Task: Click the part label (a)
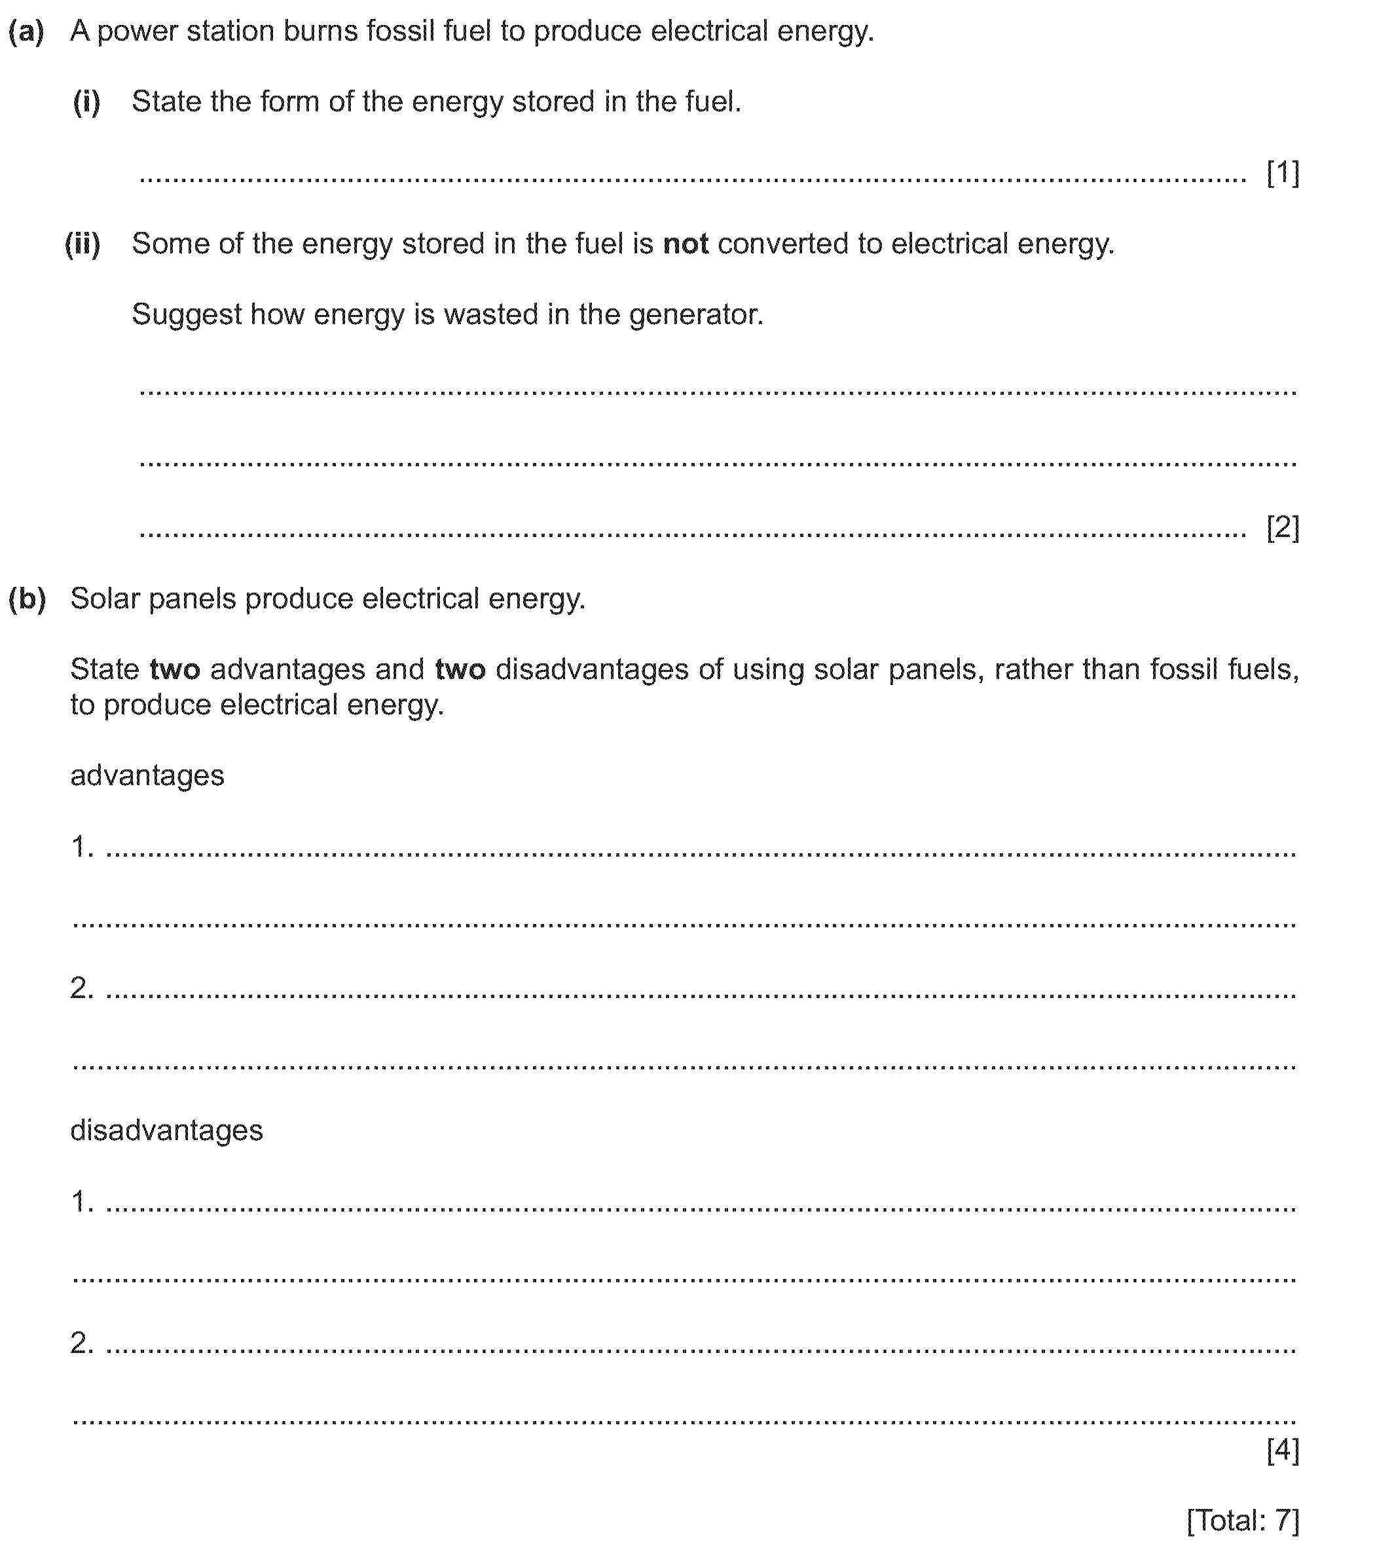tap(27, 32)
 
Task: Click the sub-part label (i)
tap(86, 102)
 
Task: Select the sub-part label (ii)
tap(82, 244)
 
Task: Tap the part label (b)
tap(27, 599)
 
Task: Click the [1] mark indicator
tap(1283, 174)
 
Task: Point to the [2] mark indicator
tap(1283, 528)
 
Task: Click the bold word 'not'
tap(686, 244)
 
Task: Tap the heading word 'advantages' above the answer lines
tap(147, 776)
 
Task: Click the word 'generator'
tap(695, 315)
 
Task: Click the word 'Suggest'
tap(187, 315)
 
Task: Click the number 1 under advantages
tap(80, 847)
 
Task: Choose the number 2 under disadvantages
tap(80, 1343)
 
